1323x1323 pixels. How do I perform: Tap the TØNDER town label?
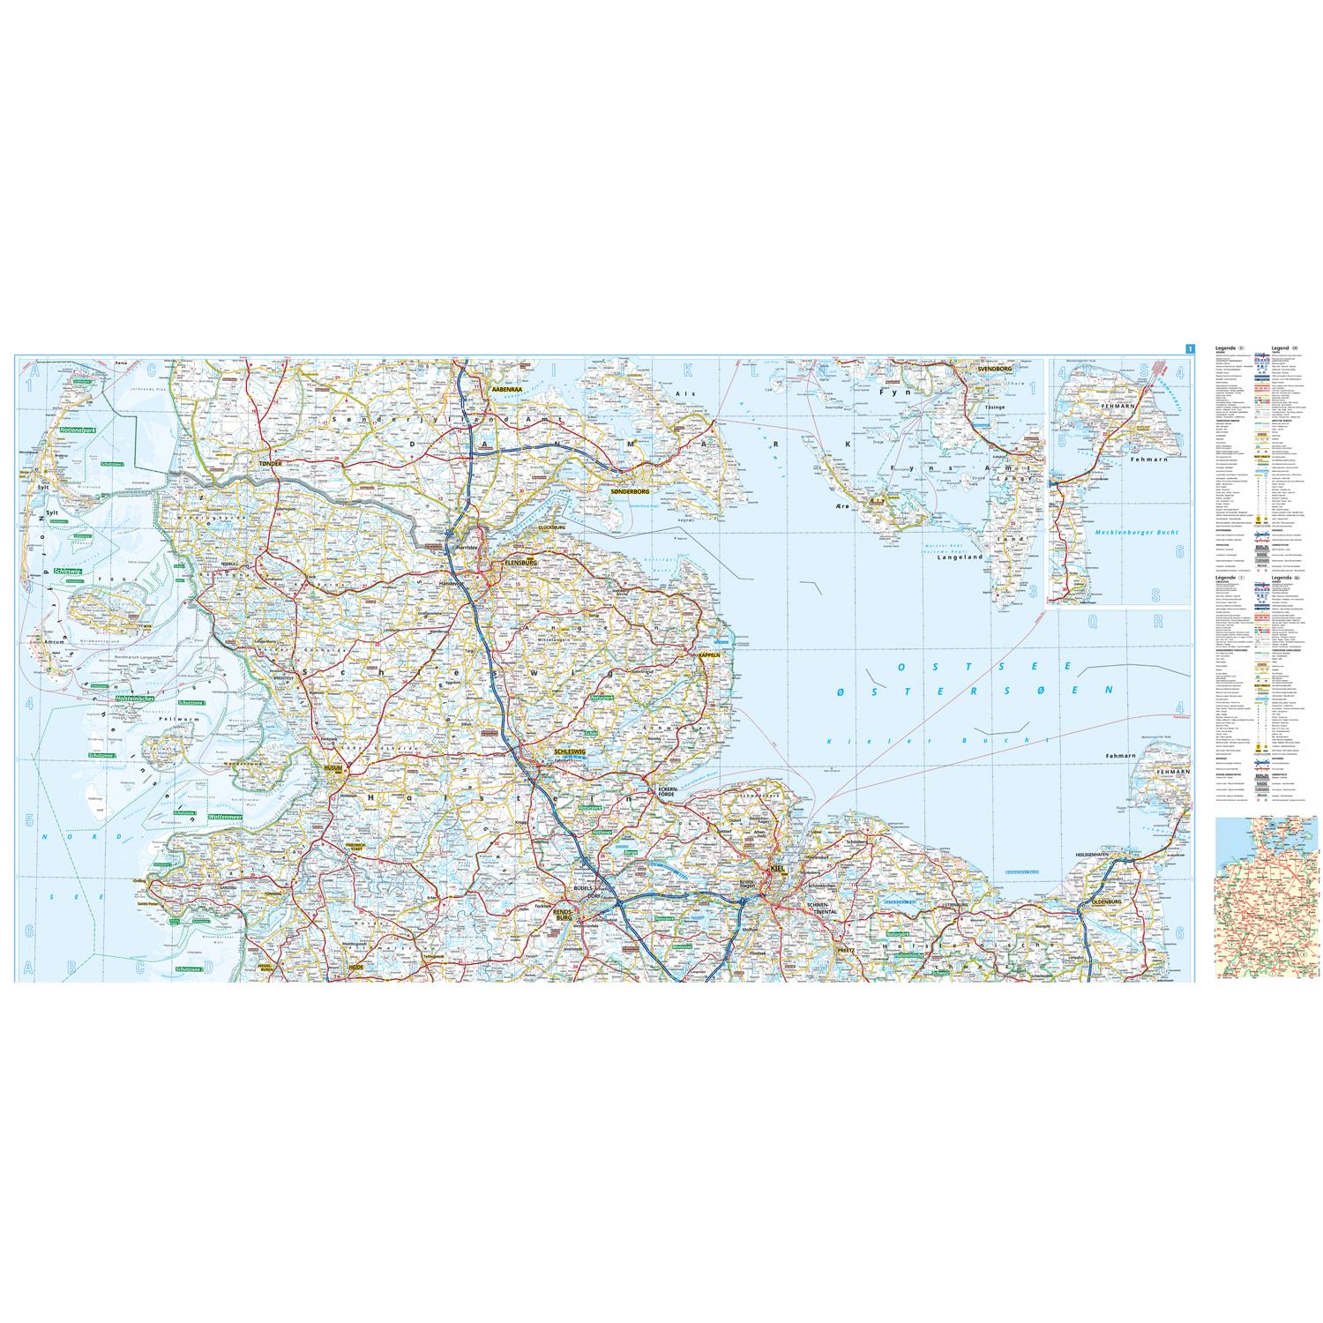click(x=269, y=462)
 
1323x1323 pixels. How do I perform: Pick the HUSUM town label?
click(x=333, y=768)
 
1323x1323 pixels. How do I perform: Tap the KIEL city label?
click(x=777, y=869)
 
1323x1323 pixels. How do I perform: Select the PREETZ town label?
click(x=846, y=951)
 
